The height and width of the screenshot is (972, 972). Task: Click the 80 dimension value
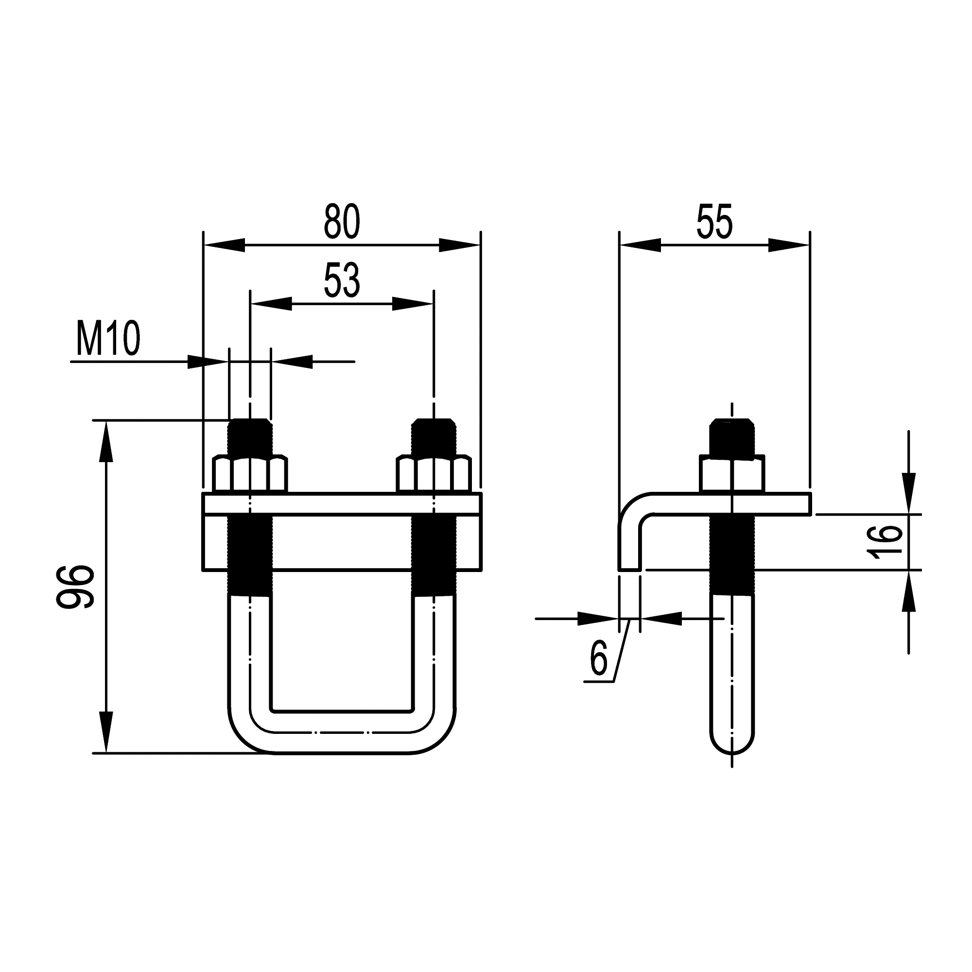[342, 221]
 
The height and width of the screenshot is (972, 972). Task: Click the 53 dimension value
[342, 280]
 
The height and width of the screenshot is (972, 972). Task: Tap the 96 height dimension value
[75, 587]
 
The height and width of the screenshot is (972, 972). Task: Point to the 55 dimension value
[714, 221]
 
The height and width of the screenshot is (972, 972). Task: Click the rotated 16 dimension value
[885, 542]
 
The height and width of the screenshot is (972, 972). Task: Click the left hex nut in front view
[250, 474]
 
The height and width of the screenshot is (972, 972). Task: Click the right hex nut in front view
[434, 474]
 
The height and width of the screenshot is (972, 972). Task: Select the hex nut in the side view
[732, 474]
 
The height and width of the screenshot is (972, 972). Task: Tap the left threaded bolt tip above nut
[250, 437]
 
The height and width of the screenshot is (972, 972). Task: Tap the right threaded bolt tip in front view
[434, 437]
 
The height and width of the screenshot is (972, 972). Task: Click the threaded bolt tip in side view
[732, 437]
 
